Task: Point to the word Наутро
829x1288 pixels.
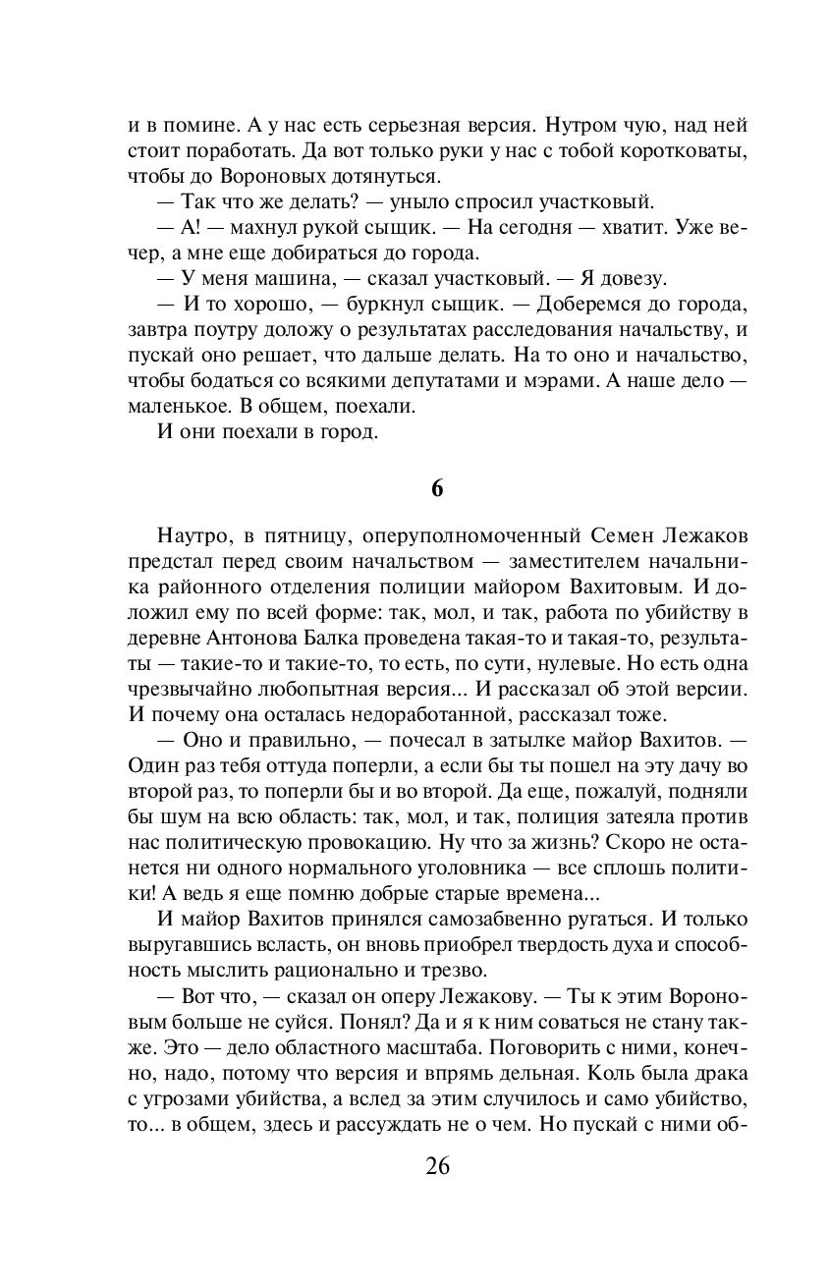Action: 191,536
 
